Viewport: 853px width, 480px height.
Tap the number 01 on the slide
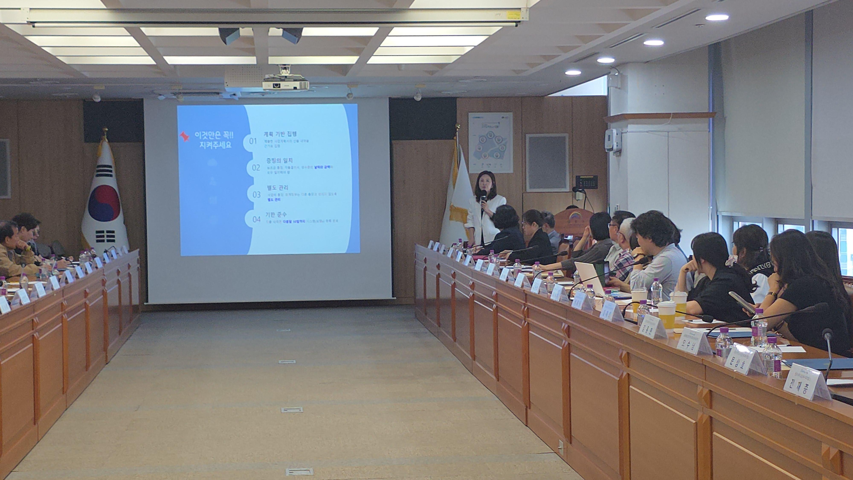(253, 141)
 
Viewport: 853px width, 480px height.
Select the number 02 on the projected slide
(256, 168)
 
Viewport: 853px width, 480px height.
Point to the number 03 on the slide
(257, 194)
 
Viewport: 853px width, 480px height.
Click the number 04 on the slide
(256, 219)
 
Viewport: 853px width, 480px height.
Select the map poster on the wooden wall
(490, 142)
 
